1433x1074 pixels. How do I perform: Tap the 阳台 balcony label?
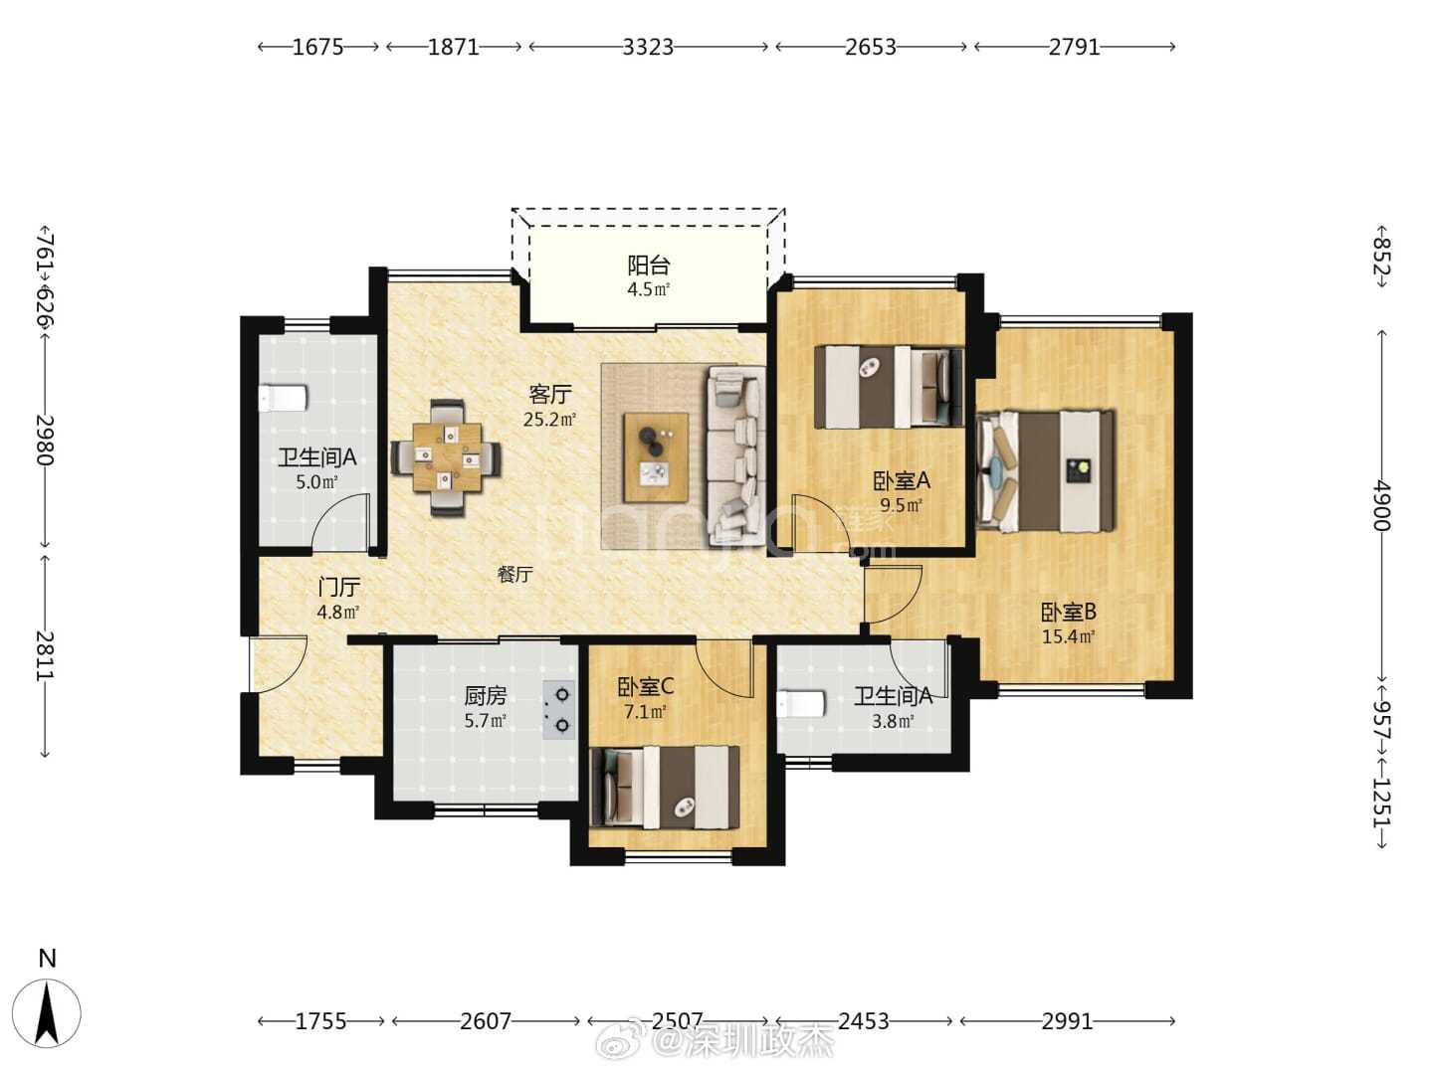click(x=648, y=266)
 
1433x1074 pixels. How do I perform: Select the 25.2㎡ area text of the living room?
click(x=549, y=420)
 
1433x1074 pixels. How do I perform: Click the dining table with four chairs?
click(x=446, y=457)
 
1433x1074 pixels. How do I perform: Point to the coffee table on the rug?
click(x=656, y=457)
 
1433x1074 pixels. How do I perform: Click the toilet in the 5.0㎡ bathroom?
click(x=283, y=398)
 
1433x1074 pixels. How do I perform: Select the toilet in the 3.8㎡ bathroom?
click(x=801, y=704)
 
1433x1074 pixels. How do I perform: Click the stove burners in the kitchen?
click(x=559, y=710)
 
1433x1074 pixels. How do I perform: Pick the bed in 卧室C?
click(x=665, y=787)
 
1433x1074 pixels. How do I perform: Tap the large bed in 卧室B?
click(x=1045, y=470)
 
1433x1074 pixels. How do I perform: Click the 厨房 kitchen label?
click(x=486, y=696)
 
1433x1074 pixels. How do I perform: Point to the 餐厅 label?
click(x=515, y=574)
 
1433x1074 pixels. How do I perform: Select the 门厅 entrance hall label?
click(x=338, y=587)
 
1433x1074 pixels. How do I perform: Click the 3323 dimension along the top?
click(x=648, y=47)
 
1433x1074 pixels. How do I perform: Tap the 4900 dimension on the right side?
click(x=1381, y=505)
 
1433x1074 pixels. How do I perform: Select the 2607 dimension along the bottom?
click(x=486, y=1021)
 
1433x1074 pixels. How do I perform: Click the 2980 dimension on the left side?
click(x=45, y=440)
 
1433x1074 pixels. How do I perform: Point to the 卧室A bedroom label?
click(x=902, y=481)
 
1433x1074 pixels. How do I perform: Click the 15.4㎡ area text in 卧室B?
click(x=1068, y=637)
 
